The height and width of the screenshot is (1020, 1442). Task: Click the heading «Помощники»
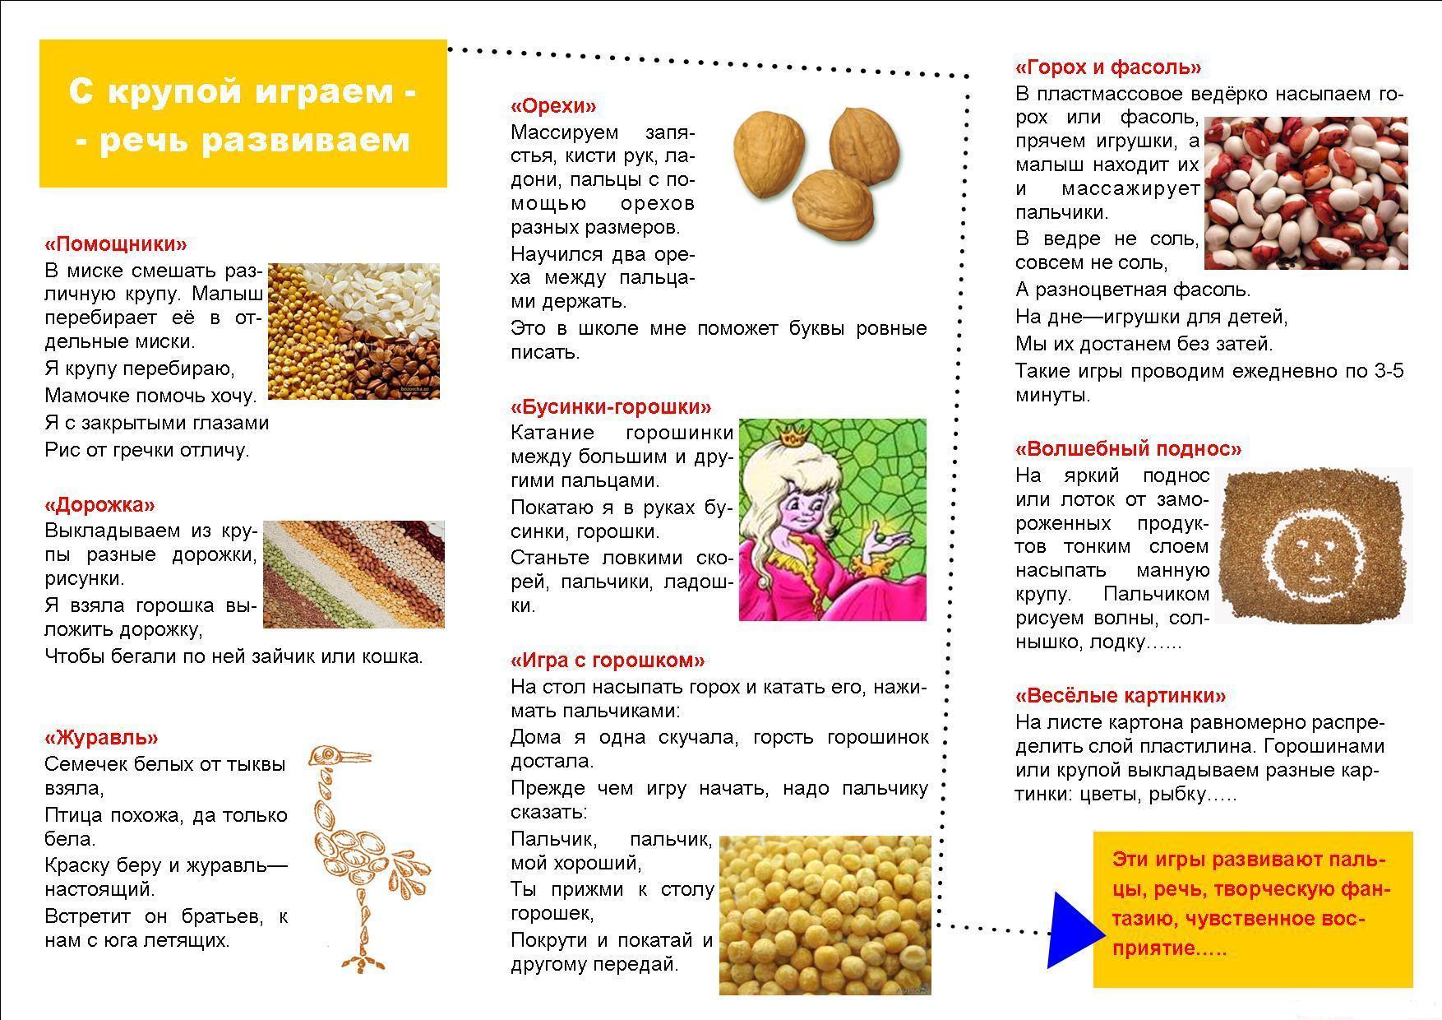click(116, 244)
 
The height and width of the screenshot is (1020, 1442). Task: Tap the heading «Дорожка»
click(99, 504)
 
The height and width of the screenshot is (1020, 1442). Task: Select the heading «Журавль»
click(101, 737)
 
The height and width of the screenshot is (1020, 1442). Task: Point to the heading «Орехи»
click(553, 106)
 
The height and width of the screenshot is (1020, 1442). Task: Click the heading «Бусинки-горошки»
click(611, 406)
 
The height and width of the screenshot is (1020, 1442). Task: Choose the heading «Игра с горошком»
click(608, 660)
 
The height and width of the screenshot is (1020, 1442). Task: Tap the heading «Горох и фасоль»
click(1108, 67)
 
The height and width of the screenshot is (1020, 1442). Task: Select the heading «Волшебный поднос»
click(1128, 449)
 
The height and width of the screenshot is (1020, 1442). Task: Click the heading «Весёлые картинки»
click(1121, 696)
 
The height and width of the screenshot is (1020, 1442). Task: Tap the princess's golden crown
click(794, 434)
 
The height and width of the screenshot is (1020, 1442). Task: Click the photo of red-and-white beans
click(1306, 193)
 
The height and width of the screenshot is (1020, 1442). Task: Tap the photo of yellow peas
click(825, 915)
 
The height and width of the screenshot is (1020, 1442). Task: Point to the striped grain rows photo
click(354, 574)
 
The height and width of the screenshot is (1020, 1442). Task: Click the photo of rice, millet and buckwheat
click(354, 331)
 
